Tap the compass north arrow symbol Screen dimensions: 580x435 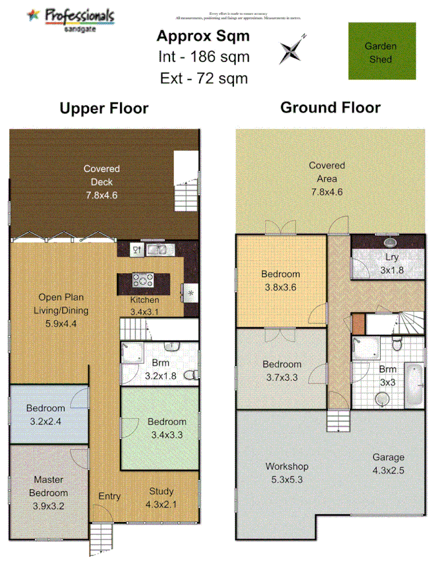(x=292, y=50)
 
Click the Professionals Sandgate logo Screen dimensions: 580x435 (x=72, y=19)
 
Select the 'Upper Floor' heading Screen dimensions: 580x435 (x=104, y=108)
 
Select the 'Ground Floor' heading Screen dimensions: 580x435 (x=330, y=108)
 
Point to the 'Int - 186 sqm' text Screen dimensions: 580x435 (x=204, y=57)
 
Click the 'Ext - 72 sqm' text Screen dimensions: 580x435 (x=204, y=79)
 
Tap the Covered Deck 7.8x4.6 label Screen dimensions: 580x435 (x=101, y=182)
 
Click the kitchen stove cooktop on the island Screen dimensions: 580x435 (x=143, y=280)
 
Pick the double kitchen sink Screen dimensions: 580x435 (x=157, y=249)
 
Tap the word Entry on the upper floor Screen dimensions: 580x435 (x=109, y=496)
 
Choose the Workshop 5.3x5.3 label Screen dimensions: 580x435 (x=287, y=472)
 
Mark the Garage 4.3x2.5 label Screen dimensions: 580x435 (x=388, y=463)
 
